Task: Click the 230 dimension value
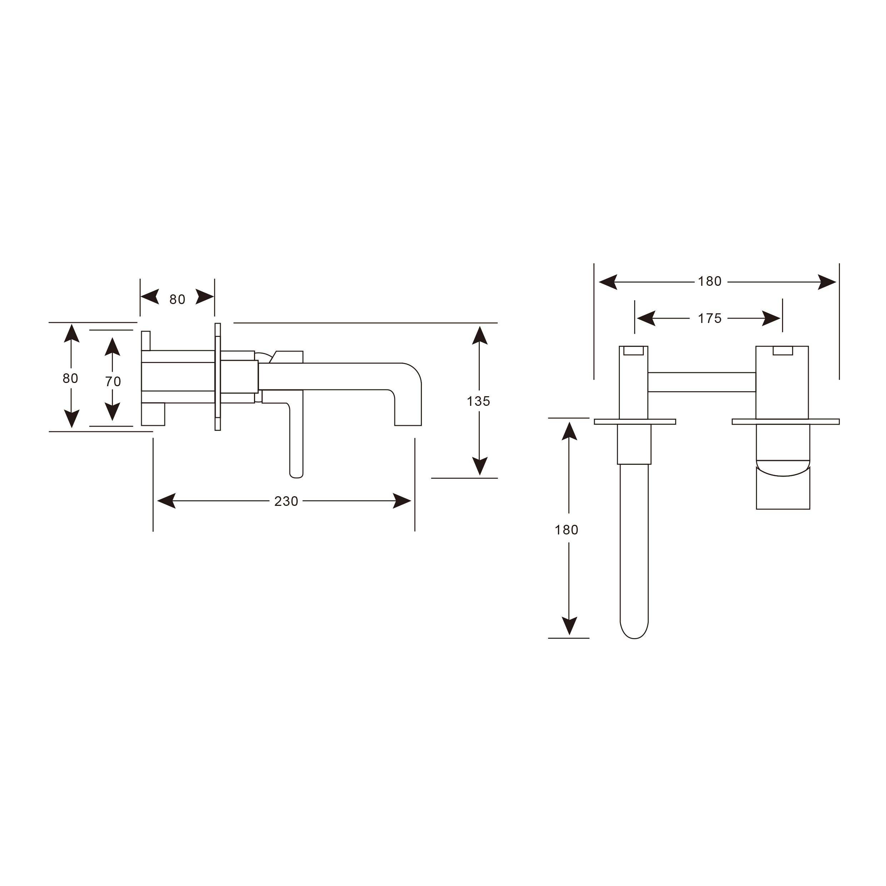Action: coord(286,502)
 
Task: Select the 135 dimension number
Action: coord(478,401)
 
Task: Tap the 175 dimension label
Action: coord(710,318)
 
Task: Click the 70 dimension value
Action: coord(113,382)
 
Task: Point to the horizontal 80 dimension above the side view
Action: coord(177,299)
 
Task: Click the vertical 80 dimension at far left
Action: coord(70,378)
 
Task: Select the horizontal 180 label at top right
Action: coord(710,282)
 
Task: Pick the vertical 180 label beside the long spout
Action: coord(566,530)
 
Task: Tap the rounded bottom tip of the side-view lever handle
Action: coord(296,476)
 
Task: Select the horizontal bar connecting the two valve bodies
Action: coord(702,382)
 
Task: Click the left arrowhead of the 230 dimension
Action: coord(166,501)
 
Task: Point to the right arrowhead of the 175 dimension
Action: coord(771,318)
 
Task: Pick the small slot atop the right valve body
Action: coord(782,351)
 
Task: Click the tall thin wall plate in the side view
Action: coord(217,377)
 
